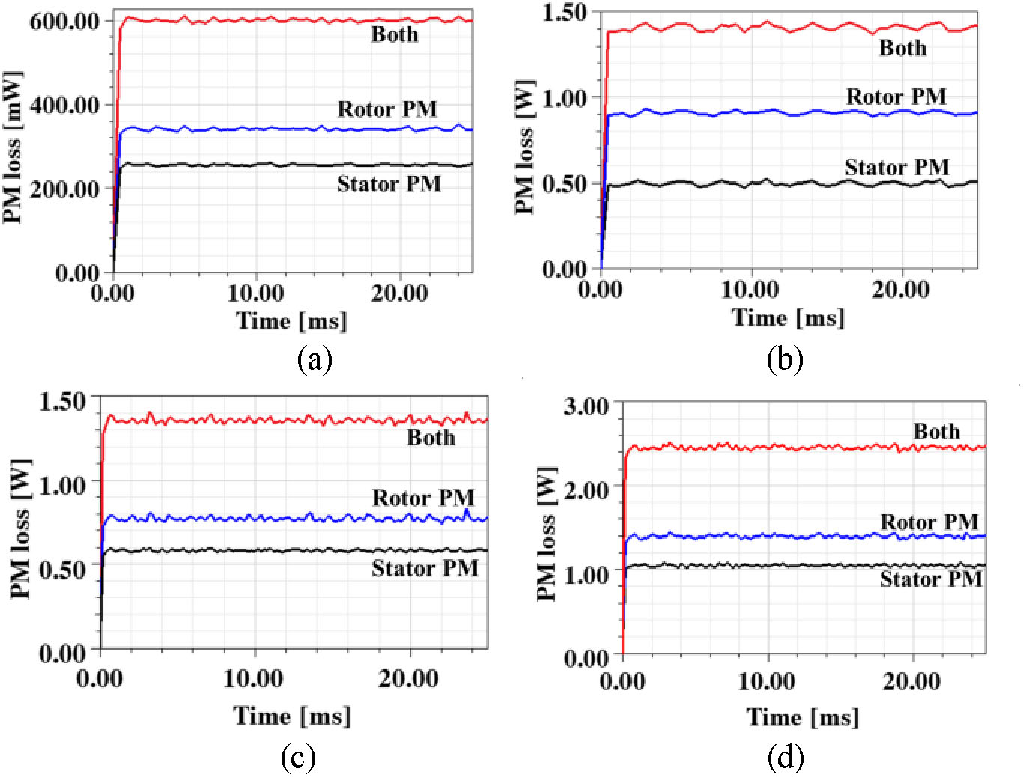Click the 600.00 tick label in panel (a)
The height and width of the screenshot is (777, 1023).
coord(65,21)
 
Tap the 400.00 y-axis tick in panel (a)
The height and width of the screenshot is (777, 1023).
coord(65,105)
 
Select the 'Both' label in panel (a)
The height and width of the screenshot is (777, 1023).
coord(395,34)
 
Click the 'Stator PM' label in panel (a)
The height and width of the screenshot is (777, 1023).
coord(389,184)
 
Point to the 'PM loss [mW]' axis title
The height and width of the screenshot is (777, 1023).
coord(13,147)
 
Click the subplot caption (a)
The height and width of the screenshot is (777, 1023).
coord(314,359)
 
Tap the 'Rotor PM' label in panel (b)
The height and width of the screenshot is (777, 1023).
coord(896,97)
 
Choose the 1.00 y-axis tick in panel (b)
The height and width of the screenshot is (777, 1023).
coord(565,98)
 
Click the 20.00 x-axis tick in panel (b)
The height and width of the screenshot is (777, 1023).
coord(900,290)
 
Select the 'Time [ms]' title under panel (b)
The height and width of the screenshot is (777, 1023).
coord(788,317)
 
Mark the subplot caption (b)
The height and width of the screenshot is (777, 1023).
coord(785,359)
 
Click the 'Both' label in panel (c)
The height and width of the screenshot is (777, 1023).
coord(431,438)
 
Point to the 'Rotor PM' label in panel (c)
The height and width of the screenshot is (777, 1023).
coord(423,499)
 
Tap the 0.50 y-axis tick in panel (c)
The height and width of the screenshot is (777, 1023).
coord(63,569)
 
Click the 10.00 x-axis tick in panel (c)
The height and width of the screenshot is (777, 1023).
coord(254,679)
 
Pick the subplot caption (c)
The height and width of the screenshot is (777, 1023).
coord(297,758)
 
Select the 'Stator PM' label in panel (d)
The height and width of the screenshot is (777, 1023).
coord(931,579)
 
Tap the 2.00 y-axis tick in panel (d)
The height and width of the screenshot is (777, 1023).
coord(586,491)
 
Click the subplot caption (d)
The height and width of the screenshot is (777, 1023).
coord(785,758)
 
